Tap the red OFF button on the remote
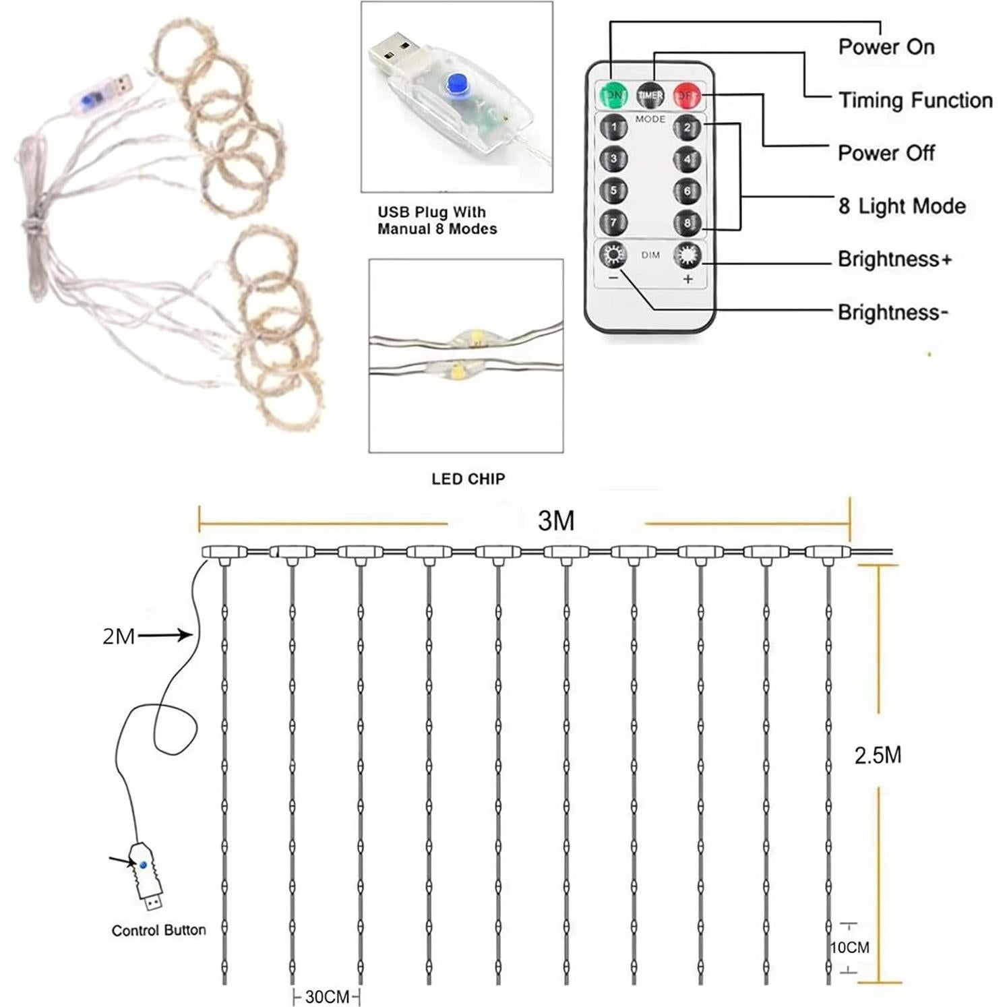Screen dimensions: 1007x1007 pyautogui.click(x=687, y=96)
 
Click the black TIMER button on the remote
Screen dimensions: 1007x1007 pyautogui.click(x=650, y=96)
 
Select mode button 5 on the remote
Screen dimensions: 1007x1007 pyautogui.click(x=613, y=191)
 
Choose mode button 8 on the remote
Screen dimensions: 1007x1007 pyautogui.click(x=687, y=222)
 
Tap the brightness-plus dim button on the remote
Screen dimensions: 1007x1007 pyautogui.click(x=687, y=255)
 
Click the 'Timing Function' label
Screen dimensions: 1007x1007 pyautogui.click(x=915, y=100)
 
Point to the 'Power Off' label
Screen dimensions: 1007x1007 pyautogui.click(x=886, y=153)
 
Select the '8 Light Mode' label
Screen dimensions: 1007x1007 pyautogui.click(x=901, y=206)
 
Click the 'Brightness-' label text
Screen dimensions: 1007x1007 pyautogui.click(x=892, y=312)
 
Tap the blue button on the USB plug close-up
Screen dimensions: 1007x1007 pyautogui.click(x=458, y=84)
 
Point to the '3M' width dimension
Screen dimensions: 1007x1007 pyautogui.click(x=556, y=521)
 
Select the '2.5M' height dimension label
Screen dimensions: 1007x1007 pyautogui.click(x=878, y=756)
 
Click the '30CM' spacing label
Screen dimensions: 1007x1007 pyautogui.click(x=327, y=997)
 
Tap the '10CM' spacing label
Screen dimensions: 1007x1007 pyautogui.click(x=849, y=948)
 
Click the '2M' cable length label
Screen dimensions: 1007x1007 pyautogui.click(x=119, y=636)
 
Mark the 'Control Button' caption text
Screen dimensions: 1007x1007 pyautogui.click(x=158, y=930)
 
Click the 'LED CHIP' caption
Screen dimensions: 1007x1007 pyautogui.click(x=468, y=479)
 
